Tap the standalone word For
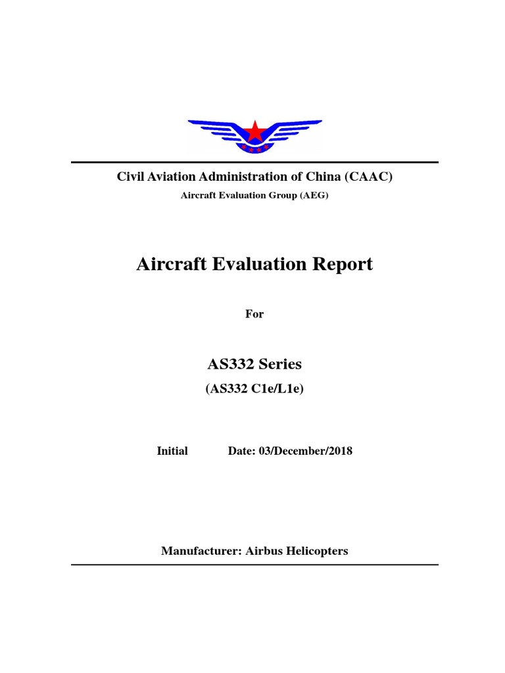pyautogui.click(x=254, y=314)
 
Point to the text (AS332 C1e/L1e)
pyautogui.click(x=254, y=389)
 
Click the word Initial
pyautogui.click(x=172, y=451)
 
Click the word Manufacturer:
pyautogui.click(x=202, y=551)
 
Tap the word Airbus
pyautogui.click(x=265, y=551)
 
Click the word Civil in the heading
pyautogui.click(x=130, y=177)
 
